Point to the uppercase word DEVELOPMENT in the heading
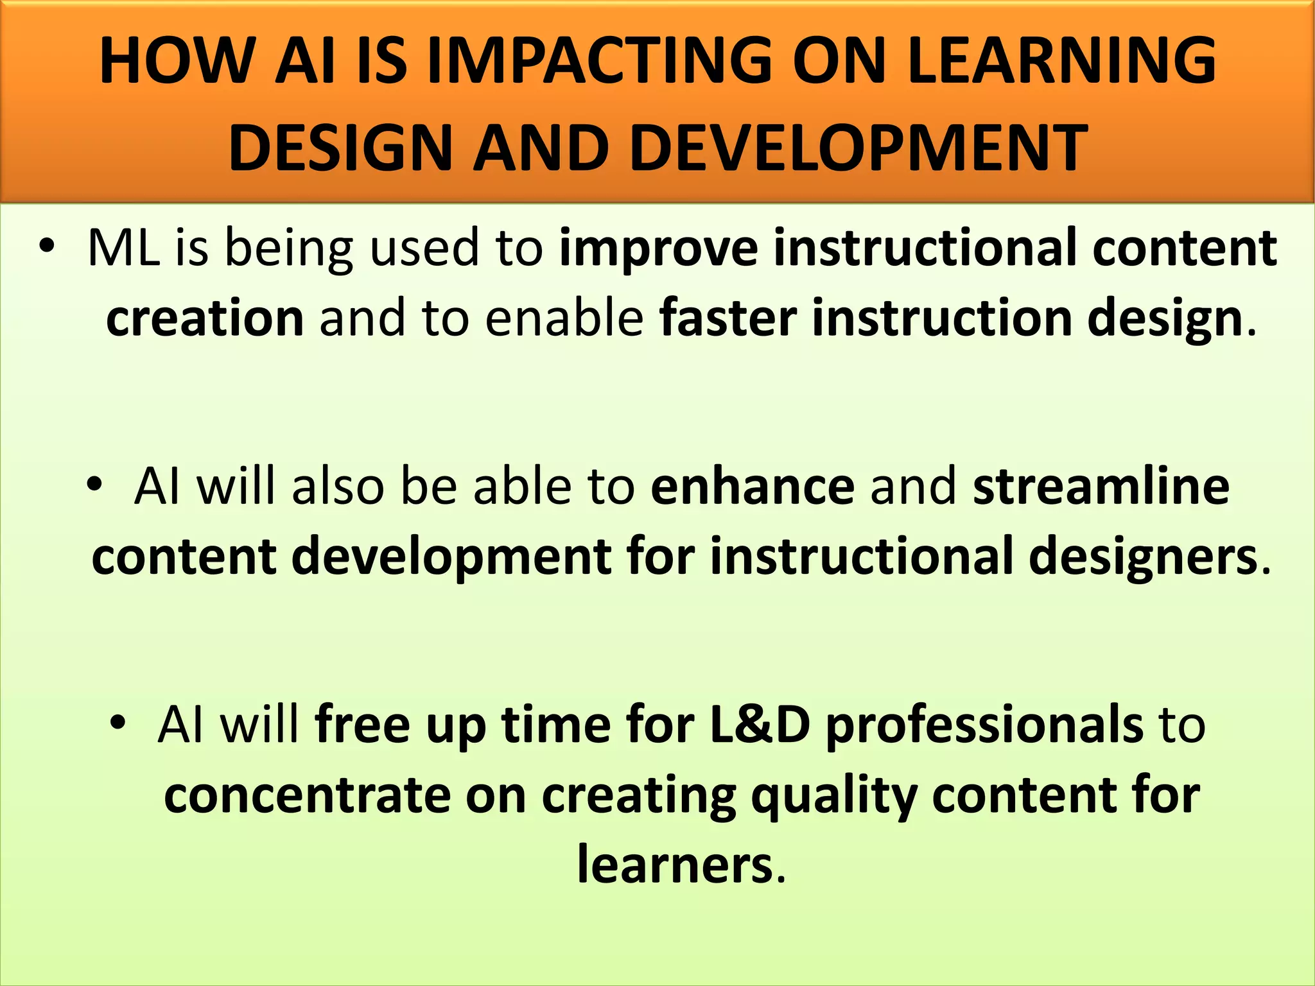(859, 149)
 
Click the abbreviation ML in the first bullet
(123, 248)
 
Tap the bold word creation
(205, 319)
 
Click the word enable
(564, 319)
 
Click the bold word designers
(1143, 557)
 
